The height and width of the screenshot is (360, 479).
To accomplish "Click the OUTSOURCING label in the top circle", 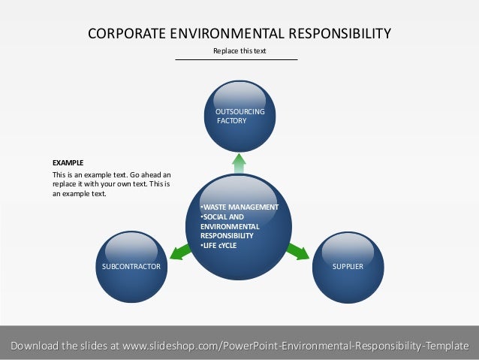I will (x=240, y=112).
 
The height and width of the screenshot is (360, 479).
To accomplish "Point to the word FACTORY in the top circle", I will (x=231, y=120).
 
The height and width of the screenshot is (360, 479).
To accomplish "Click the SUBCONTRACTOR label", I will (x=131, y=266).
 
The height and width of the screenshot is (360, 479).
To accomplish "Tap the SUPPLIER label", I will (x=348, y=266).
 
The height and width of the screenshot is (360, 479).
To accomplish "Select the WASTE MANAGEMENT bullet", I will (x=239, y=207).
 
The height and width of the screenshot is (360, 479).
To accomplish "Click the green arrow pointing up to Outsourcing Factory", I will (x=239, y=163).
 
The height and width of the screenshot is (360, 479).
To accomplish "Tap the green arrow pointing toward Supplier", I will (x=298, y=251).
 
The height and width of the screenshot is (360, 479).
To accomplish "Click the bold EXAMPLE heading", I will (x=68, y=162).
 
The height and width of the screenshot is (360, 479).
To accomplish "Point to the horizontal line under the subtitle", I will (x=236, y=59).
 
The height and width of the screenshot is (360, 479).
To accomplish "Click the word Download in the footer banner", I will (x=32, y=346).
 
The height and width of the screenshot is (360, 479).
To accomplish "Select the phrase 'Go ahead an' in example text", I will (x=151, y=174).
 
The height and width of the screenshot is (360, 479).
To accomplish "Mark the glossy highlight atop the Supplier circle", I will (x=347, y=245).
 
